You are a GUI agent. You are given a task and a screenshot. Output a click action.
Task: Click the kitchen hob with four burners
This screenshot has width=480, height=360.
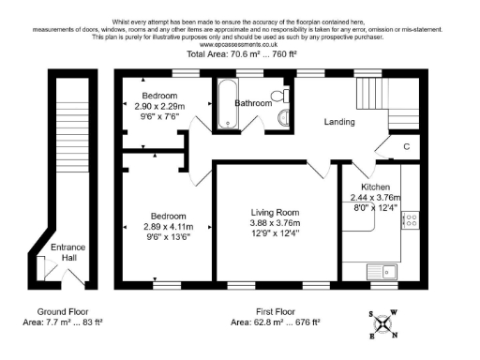click(410, 221)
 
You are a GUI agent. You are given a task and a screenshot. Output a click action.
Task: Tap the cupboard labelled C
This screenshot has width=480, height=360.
click(405, 147)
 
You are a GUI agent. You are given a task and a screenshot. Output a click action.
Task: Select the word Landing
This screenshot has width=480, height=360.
click(339, 122)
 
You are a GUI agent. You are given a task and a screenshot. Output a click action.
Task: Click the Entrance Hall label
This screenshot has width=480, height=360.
click(68, 253)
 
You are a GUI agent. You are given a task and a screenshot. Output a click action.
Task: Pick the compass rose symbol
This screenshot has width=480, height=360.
click(383, 323)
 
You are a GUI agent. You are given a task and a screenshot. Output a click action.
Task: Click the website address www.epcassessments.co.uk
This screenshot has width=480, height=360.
click(239, 43)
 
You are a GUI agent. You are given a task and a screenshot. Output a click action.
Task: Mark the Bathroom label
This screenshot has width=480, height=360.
click(252, 103)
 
